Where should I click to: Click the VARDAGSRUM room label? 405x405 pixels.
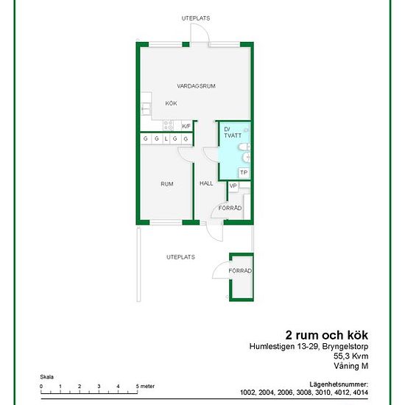click(196, 86)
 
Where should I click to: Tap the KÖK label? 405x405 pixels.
click(171, 103)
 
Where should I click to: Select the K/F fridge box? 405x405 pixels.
click(186, 126)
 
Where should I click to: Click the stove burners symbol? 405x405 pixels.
click(168, 125)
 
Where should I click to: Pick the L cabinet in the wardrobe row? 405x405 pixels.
click(166, 139)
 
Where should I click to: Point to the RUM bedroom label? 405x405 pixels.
click(167, 184)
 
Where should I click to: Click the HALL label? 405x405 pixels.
click(206, 183)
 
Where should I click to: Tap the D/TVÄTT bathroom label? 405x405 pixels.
click(233, 133)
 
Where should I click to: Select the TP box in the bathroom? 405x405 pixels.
click(244, 172)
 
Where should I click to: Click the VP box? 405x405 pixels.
click(233, 186)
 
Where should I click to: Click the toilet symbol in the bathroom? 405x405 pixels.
click(244, 147)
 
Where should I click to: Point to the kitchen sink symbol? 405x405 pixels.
click(146, 109)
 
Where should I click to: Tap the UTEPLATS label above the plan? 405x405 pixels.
click(196, 18)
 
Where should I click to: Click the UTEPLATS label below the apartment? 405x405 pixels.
click(180, 257)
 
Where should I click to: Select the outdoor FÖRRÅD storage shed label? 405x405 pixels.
click(240, 271)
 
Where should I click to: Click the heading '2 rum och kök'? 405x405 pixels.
click(326, 335)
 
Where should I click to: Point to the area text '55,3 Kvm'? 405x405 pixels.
click(351, 356)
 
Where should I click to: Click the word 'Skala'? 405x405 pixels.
click(46, 377)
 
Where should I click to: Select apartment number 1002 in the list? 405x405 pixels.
click(248, 392)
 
